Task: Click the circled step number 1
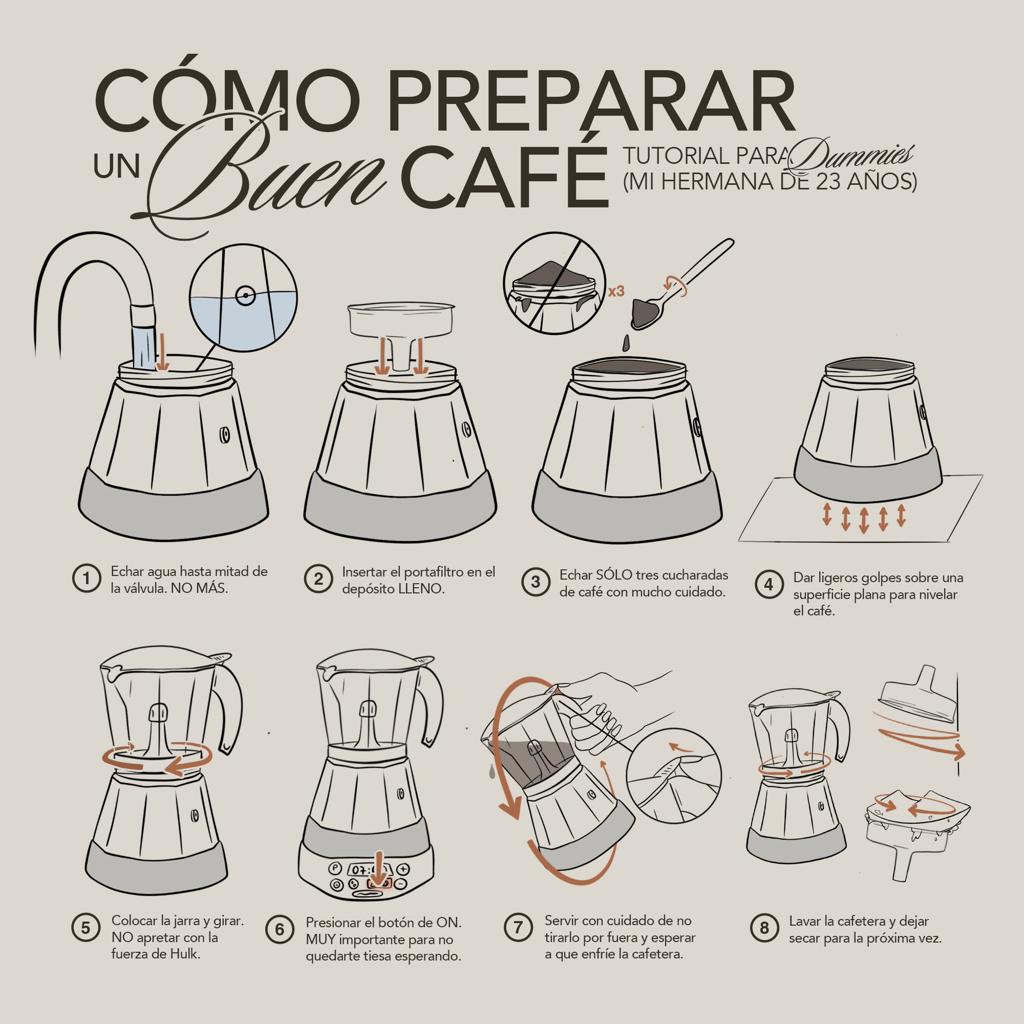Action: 87,578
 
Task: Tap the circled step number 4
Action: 769,585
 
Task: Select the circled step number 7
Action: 518,928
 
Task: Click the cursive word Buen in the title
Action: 265,175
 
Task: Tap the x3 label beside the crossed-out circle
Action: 616,291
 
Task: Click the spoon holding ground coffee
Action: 647,313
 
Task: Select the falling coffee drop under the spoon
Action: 627,343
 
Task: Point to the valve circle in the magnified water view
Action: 245,296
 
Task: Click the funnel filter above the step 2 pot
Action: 401,323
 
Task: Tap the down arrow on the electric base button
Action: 378,870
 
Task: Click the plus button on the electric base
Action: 404,869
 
